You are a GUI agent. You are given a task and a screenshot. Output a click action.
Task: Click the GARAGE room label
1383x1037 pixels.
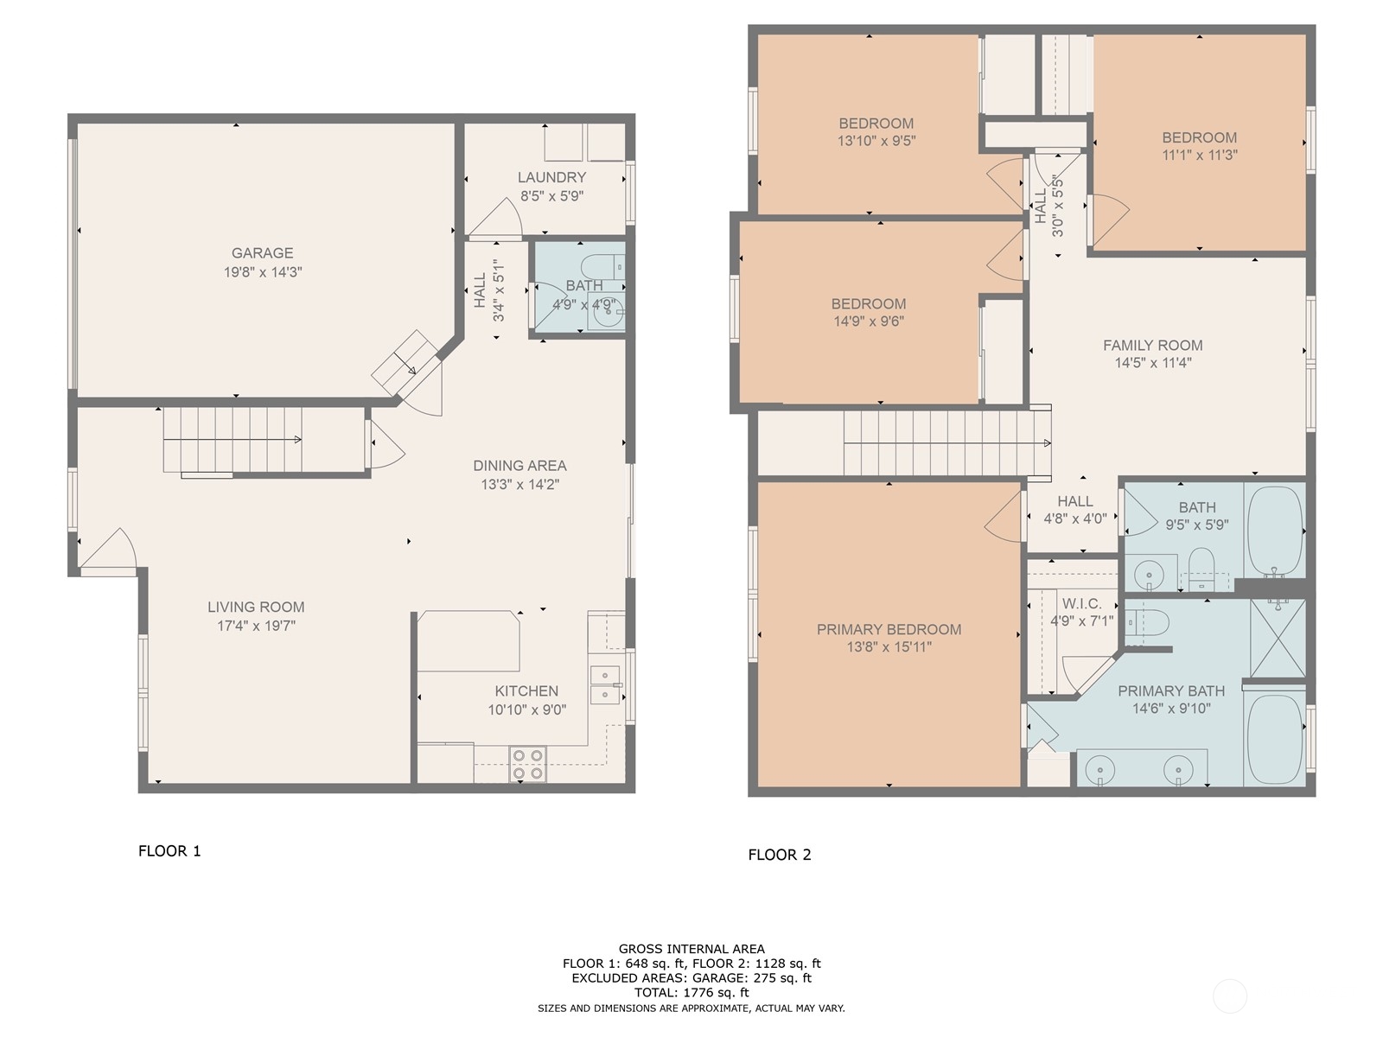point(262,253)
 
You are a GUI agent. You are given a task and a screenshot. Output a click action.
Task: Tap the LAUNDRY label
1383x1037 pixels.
point(552,177)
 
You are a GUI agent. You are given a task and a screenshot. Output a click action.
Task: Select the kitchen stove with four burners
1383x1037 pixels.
point(527,764)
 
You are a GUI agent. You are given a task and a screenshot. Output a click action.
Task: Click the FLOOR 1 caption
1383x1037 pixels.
point(169,851)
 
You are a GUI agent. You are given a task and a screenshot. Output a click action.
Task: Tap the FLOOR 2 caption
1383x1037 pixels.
point(780,855)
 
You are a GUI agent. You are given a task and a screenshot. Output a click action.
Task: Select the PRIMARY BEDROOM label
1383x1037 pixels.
point(889,630)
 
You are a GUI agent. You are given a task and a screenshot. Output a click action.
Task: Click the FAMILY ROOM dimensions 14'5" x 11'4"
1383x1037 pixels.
point(1153,363)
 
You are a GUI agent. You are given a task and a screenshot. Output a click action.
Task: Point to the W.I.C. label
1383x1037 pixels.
point(1082,604)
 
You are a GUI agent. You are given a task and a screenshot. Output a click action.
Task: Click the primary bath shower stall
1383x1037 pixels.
point(1278,638)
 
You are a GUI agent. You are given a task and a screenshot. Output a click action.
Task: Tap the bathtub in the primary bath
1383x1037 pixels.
point(1275,739)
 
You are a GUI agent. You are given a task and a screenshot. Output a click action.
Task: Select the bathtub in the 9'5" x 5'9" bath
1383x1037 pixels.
point(1275,531)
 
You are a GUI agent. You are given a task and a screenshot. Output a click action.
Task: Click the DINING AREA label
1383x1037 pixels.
point(519,466)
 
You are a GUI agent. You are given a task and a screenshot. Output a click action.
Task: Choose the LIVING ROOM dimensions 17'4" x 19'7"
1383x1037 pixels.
point(257,626)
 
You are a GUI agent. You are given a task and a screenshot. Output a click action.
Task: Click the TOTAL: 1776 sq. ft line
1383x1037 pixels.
point(691,993)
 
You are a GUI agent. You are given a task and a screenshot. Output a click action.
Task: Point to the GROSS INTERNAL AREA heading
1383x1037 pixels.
point(691,949)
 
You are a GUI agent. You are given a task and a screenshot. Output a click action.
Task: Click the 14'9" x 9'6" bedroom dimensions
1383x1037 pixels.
point(869,321)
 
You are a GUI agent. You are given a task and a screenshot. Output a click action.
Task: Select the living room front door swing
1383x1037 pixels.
point(111,551)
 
